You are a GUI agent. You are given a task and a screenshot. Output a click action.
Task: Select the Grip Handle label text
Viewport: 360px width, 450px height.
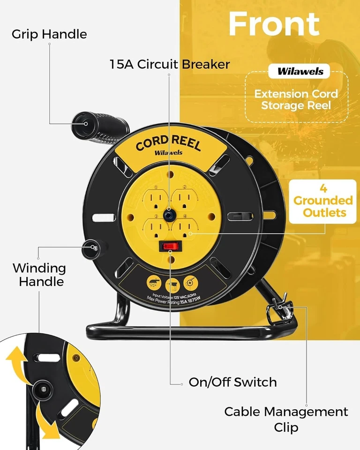point(49,34)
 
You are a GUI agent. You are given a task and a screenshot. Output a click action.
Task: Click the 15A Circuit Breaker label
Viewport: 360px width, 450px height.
point(170,64)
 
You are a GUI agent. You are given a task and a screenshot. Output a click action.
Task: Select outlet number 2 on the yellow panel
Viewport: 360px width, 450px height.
point(185,201)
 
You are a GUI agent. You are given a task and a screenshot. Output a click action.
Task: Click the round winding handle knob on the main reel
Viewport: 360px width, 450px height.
point(92,247)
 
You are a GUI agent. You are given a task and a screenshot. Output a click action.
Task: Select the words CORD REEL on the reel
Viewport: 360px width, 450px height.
point(168,142)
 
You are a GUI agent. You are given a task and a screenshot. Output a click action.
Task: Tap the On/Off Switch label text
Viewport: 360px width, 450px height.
point(232,382)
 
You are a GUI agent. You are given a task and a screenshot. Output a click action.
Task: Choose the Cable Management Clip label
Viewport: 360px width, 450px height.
point(286,419)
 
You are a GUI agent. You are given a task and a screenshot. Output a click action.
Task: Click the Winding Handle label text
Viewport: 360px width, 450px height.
point(39,275)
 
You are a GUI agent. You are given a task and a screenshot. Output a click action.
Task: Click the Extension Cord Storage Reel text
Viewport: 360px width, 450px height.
point(296,99)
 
